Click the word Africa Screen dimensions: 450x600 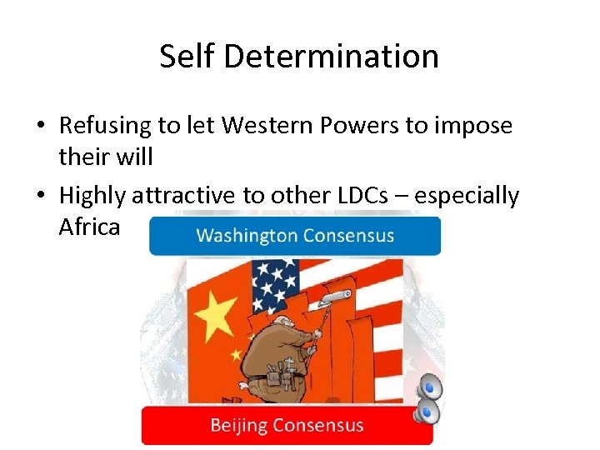[x=90, y=226]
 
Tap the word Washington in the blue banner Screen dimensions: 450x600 [x=246, y=236]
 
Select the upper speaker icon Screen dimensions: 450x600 [x=428, y=385]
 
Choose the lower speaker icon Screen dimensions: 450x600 [x=428, y=411]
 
